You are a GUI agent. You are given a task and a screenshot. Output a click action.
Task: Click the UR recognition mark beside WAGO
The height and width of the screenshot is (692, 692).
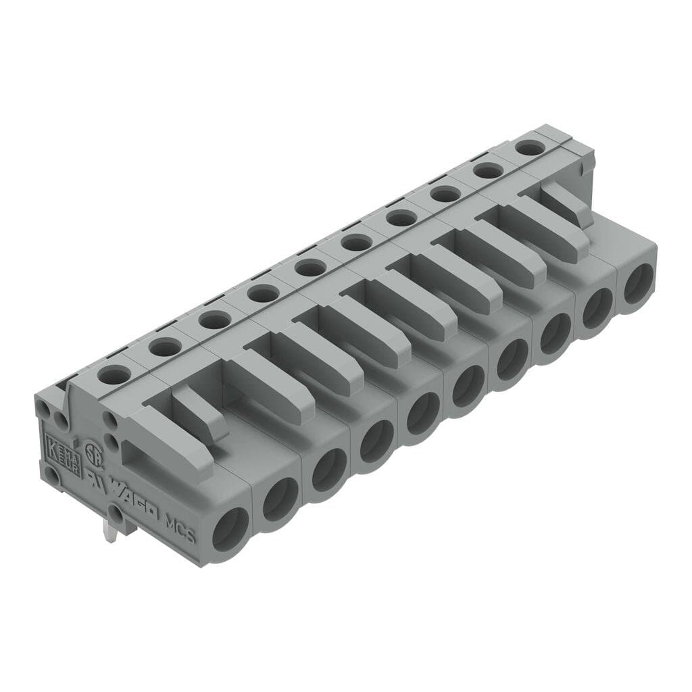[x=94, y=476]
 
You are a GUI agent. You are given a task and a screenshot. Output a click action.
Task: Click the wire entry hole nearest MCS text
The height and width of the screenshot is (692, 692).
[x=230, y=528]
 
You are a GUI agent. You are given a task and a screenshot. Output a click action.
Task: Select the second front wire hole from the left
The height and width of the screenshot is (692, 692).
[x=280, y=499]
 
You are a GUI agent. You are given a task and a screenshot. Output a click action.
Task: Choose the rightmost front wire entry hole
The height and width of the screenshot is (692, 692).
[x=638, y=284]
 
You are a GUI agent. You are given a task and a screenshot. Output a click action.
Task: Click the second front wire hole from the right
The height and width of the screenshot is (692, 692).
[x=597, y=308]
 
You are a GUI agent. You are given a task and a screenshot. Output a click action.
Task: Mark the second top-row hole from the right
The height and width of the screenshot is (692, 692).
[x=488, y=170]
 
